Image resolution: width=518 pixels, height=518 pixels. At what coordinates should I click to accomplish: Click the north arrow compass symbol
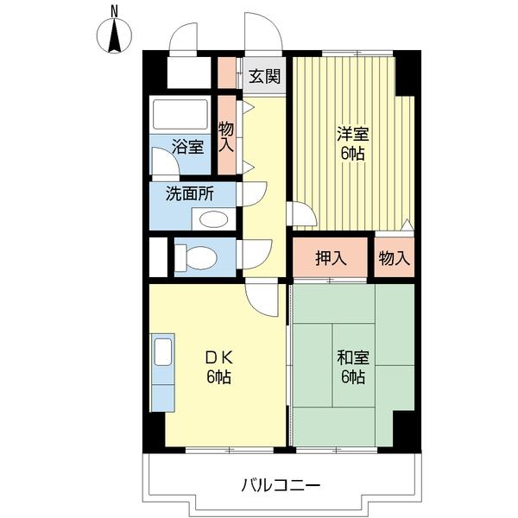click(114, 35)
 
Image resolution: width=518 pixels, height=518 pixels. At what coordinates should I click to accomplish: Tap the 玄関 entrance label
click(265, 76)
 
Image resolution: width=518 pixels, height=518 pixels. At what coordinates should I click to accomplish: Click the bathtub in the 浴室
click(180, 114)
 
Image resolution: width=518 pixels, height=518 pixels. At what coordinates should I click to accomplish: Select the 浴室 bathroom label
click(187, 147)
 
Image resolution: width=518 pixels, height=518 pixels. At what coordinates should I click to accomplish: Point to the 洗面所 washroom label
click(190, 194)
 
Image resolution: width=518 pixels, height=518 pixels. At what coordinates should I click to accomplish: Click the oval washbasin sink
click(214, 219)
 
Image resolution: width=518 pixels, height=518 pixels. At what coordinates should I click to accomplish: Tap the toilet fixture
click(196, 256)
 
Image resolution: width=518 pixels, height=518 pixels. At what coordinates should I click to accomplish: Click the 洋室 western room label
click(353, 134)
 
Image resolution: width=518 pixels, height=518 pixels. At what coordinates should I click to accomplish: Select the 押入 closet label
click(331, 258)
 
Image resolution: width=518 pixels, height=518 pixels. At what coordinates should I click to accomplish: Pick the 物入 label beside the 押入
click(395, 258)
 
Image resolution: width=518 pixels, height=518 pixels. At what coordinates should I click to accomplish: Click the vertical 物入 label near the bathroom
click(226, 137)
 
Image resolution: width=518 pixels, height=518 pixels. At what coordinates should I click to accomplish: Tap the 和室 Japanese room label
click(353, 357)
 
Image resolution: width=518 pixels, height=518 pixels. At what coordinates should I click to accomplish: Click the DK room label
click(219, 357)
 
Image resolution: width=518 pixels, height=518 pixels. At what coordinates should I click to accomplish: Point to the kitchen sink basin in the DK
click(163, 352)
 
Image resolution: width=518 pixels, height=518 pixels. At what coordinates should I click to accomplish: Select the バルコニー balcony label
click(281, 485)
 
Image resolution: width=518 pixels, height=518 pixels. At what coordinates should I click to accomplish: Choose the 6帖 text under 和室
click(353, 377)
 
